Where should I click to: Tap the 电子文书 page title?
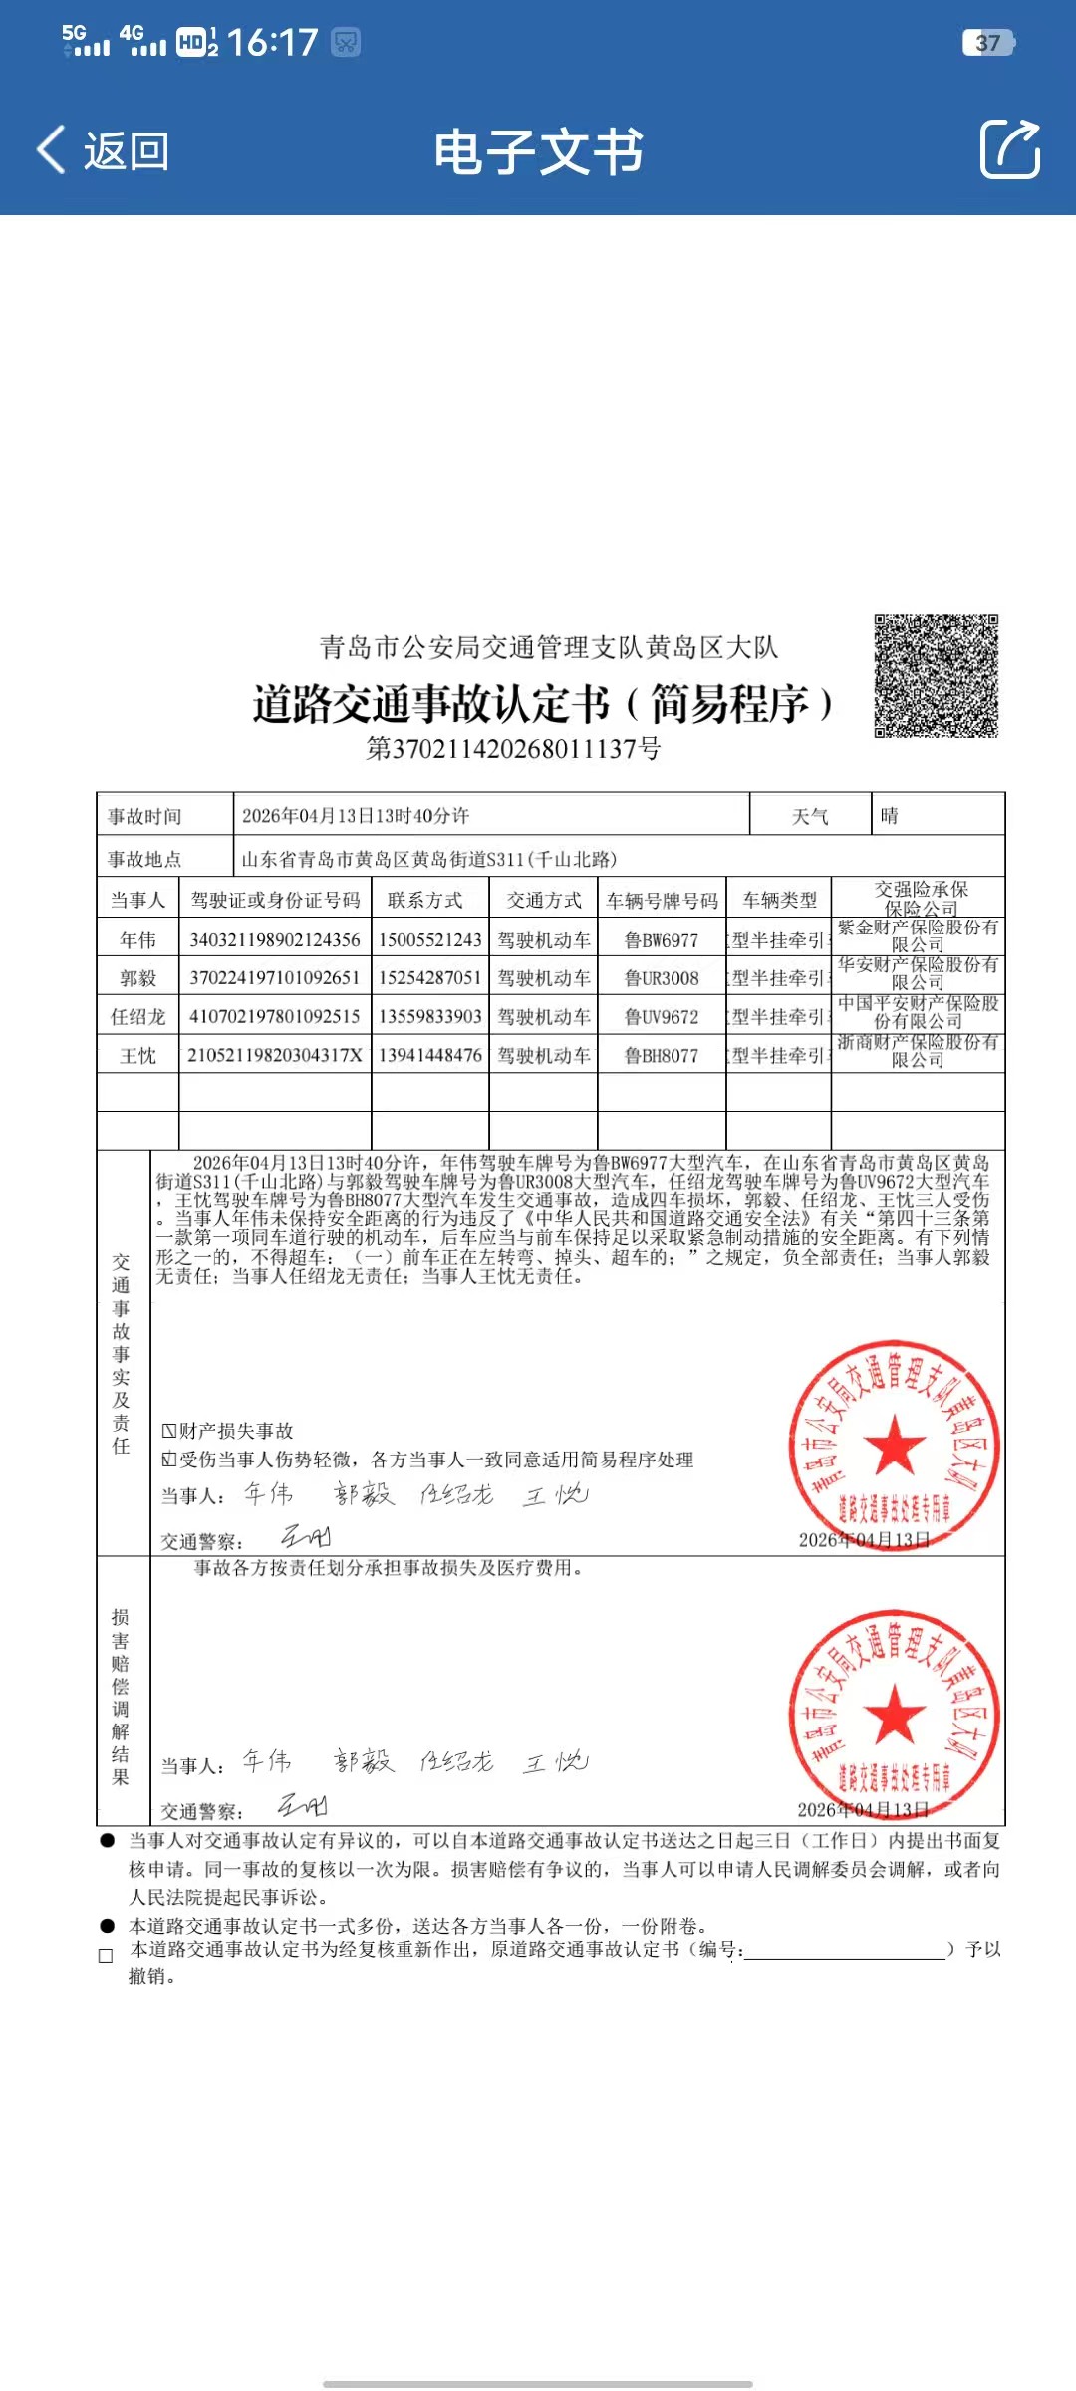(x=538, y=152)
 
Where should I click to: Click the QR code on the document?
(x=936, y=675)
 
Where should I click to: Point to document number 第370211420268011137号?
(x=513, y=749)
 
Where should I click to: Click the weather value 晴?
(x=889, y=816)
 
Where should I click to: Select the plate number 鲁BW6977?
(x=662, y=940)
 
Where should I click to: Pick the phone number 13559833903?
(x=430, y=1017)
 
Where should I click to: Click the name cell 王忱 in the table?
(x=137, y=1056)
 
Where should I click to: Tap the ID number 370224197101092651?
(x=275, y=978)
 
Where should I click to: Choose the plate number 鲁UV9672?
(x=662, y=1017)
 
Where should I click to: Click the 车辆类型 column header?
(x=779, y=901)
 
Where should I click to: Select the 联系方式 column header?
(x=425, y=901)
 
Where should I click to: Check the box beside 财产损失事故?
(x=169, y=1432)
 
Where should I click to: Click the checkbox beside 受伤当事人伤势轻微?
(x=169, y=1461)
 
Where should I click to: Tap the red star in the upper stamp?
(x=894, y=1444)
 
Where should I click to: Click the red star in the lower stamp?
(x=894, y=1714)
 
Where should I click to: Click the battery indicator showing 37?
(x=988, y=43)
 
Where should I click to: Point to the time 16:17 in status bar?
(x=272, y=42)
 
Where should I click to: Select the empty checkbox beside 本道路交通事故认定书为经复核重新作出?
(x=106, y=1956)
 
